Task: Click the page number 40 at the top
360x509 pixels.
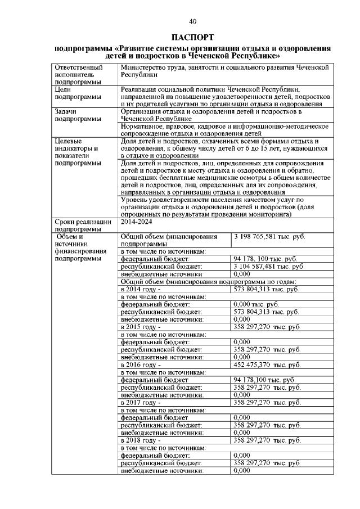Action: point(192,21)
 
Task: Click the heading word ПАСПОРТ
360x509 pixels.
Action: point(192,38)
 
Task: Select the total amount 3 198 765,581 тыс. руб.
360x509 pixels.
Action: point(269,237)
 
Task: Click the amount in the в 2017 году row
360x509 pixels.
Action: point(267,403)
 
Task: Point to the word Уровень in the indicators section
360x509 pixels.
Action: point(135,200)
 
